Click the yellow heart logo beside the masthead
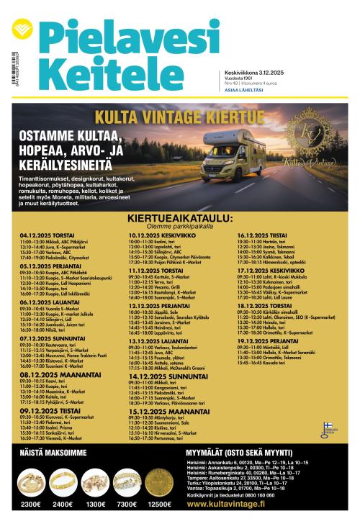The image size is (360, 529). click(x=22, y=30)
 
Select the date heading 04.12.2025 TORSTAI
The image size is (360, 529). click(x=48, y=235)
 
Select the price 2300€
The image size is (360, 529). click(x=31, y=504)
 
